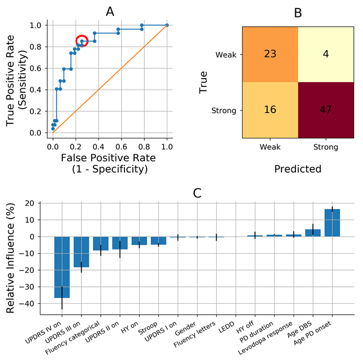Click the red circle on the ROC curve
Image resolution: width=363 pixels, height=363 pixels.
click(82, 41)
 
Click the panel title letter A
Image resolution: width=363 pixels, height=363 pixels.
click(109, 11)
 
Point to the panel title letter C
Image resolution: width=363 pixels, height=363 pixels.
click(198, 193)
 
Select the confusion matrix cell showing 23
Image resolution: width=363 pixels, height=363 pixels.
click(270, 54)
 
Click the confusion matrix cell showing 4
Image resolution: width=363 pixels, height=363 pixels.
click(326, 54)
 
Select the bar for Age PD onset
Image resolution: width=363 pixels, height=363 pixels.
click(332, 223)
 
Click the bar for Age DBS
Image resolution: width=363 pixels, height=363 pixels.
click(313, 233)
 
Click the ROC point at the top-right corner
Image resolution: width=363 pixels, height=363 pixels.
click(167, 25)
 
